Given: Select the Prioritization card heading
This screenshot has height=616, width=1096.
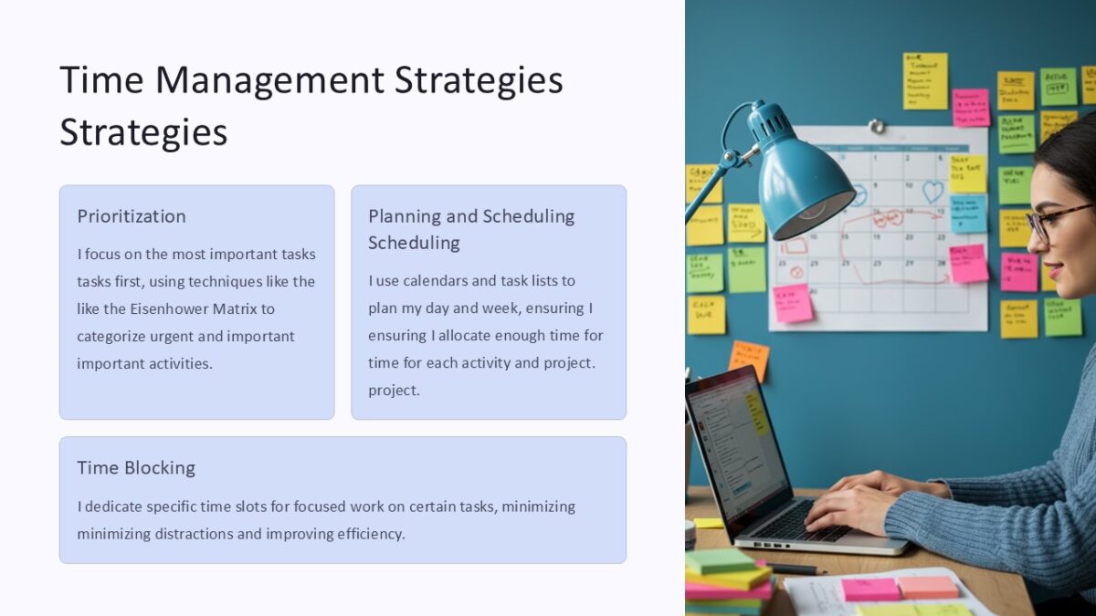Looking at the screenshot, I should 132,216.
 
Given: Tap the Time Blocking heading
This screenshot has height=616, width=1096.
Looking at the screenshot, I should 136,468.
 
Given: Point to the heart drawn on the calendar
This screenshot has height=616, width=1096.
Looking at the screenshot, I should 932,192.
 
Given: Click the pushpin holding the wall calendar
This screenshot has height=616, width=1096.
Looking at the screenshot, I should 876,125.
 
